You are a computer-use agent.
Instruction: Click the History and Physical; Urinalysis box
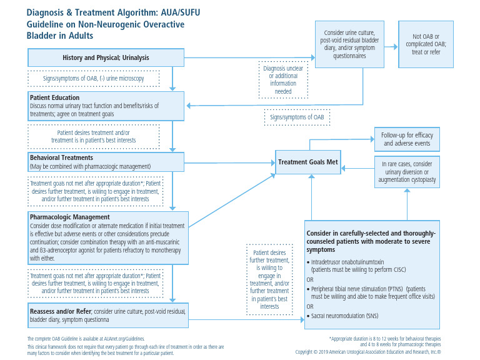[x=106, y=58]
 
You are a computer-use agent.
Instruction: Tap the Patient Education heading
[x=54, y=98]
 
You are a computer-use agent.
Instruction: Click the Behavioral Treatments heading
[x=61, y=158]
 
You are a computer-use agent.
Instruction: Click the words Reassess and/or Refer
[x=59, y=311]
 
